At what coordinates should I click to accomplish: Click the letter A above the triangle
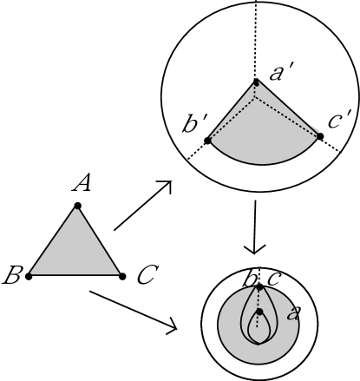tap(83, 183)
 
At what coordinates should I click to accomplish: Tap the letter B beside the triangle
tap(12, 278)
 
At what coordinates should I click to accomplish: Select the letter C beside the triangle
tap(147, 278)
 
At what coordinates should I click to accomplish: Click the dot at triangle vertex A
tap(78, 206)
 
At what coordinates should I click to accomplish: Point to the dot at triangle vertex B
tap(29, 276)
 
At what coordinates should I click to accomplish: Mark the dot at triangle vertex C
tap(121, 276)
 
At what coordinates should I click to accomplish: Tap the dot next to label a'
tap(255, 82)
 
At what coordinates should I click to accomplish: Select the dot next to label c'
tap(320, 136)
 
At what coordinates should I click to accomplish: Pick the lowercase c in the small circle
tap(272, 279)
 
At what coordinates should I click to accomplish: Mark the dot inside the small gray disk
tap(259, 311)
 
